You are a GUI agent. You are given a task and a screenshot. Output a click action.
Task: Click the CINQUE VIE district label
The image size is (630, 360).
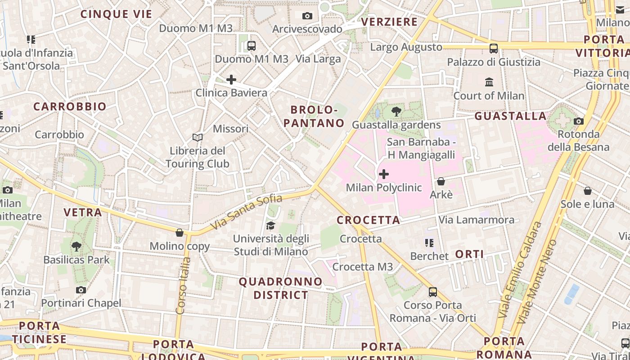tap(117, 14)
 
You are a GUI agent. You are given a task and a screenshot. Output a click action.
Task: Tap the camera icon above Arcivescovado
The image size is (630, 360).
tap(307, 16)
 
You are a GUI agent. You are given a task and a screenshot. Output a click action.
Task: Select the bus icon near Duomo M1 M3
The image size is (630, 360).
tap(251, 45)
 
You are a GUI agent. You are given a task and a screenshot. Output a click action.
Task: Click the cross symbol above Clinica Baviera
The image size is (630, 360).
tap(231, 80)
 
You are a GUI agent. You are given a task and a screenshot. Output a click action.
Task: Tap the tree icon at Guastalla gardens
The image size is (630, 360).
tap(396, 112)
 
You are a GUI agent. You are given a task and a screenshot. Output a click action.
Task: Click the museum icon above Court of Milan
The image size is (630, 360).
tap(489, 82)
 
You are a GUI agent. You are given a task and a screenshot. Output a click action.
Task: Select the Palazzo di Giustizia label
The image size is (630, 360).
tap(494, 62)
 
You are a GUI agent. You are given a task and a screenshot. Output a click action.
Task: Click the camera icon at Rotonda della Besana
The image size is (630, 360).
tap(579, 121)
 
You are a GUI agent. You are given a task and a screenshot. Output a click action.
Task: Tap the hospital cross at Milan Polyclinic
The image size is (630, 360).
tap(384, 174)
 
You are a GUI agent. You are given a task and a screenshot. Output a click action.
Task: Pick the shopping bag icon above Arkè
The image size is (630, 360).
tap(441, 181)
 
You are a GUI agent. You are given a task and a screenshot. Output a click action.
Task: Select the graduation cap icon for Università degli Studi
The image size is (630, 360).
tap(270, 225)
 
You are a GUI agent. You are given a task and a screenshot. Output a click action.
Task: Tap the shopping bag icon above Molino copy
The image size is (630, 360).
tap(180, 233)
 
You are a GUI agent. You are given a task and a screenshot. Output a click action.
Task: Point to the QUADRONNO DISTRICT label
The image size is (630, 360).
tap(281, 288)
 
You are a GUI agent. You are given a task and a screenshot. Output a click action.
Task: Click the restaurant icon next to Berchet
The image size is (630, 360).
tap(429, 243)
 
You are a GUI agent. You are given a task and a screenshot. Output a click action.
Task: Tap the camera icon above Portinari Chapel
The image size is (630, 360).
tap(81, 290)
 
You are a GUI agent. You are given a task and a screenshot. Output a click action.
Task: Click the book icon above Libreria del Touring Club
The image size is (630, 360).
tap(197, 137)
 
